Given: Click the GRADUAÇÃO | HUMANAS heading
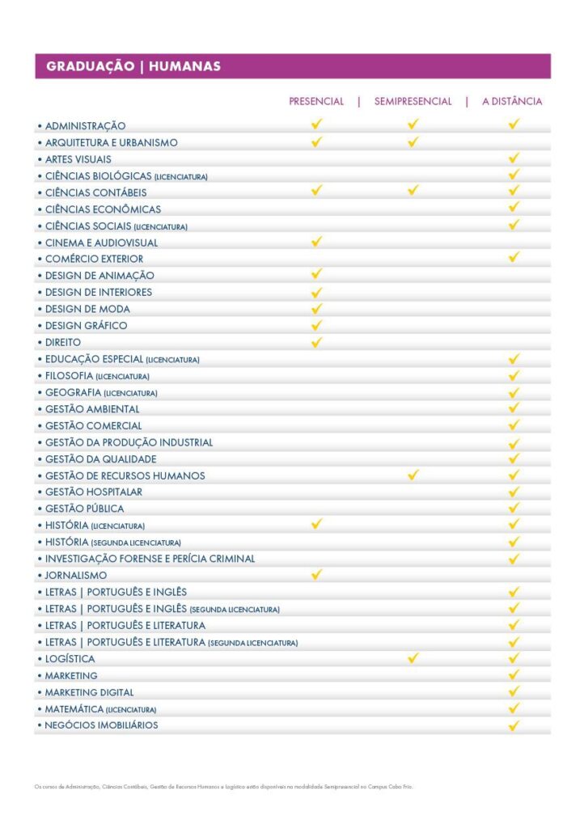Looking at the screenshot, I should point(133,66).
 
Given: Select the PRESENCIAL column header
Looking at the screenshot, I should point(316,102).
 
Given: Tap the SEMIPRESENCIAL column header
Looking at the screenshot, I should point(413,102).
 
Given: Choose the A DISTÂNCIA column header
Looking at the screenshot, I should point(512,102).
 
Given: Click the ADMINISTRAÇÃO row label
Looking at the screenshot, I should point(85,126).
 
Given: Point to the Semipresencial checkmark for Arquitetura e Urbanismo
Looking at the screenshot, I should point(413,142).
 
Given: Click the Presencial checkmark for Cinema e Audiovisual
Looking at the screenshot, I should point(316,242).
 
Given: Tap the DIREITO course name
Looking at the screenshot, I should point(63,342).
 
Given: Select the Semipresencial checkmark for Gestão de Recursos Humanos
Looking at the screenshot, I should point(413,475).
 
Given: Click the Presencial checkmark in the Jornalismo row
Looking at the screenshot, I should point(316,574).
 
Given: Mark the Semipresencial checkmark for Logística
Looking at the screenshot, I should point(413,658).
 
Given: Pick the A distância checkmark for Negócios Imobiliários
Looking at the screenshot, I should point(514,725).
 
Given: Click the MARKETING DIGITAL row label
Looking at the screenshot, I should point(89,692).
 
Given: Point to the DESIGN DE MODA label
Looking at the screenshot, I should point(87,309).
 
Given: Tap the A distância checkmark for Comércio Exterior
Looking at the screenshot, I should point(514,258).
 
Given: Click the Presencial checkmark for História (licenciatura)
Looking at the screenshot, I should point(316,524).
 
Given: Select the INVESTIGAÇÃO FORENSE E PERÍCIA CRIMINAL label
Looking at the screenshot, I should point(150,559).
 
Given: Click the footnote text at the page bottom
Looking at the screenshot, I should point(223,786).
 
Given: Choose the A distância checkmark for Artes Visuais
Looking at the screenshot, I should point(514,158).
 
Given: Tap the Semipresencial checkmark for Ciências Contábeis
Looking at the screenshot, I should point(413,191).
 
